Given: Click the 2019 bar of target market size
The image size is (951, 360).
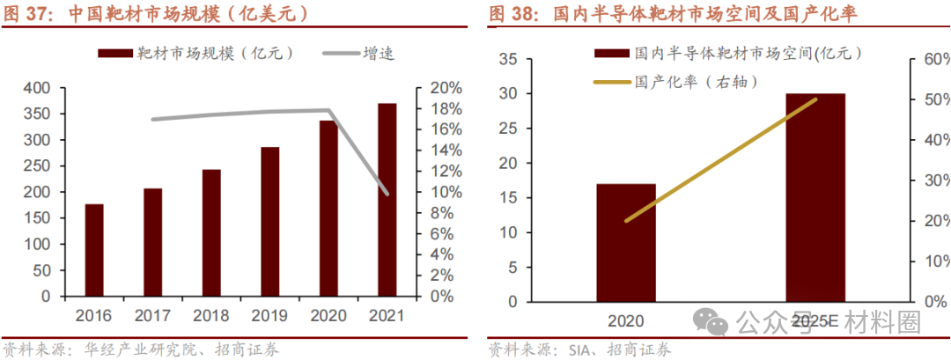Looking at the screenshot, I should (x=269, y=222).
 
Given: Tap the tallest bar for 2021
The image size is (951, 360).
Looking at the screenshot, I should (x=387, y=200).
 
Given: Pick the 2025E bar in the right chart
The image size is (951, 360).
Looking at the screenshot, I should (x=815, y=195).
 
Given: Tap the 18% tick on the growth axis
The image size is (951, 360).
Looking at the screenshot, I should (x=446, y=109).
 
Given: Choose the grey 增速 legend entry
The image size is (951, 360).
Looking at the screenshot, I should (x=361, y=54).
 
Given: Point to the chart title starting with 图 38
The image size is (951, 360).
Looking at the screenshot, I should (x=674, y=14).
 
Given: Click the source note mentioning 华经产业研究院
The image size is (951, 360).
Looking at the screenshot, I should (x=141, y=349).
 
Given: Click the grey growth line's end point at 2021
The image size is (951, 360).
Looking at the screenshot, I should (x=387, y=193).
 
